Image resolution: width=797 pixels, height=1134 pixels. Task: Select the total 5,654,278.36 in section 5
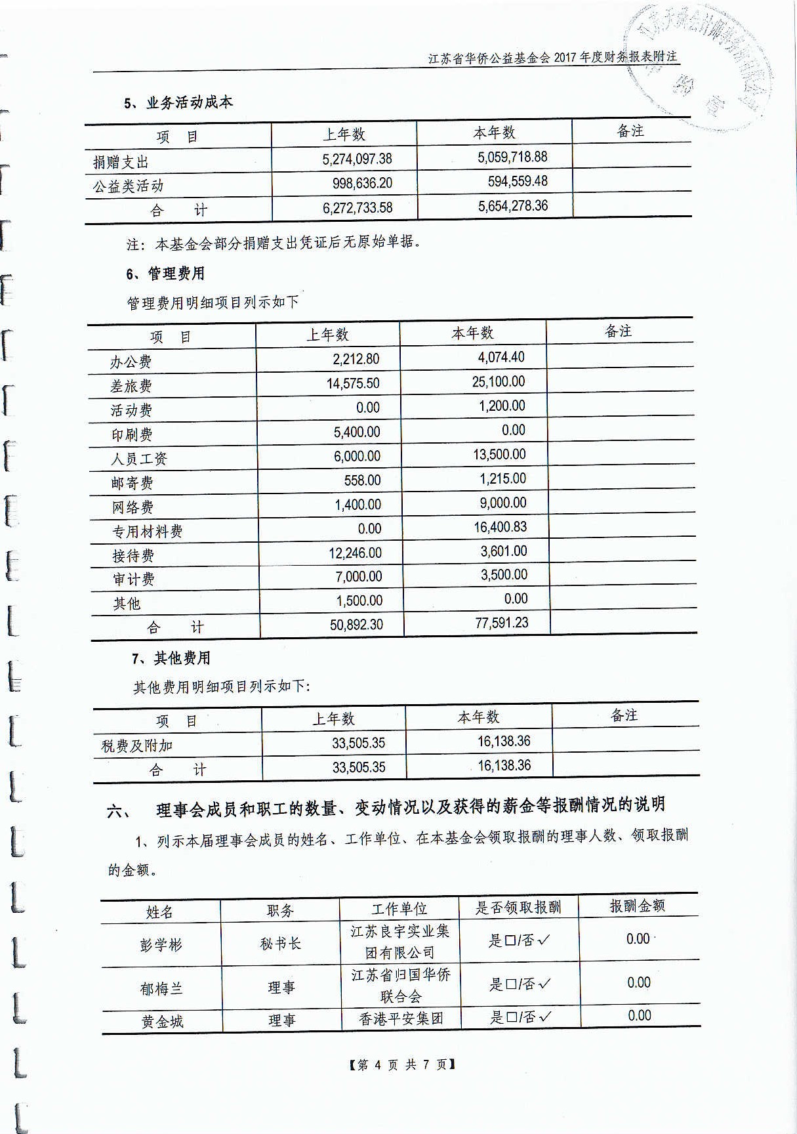click(512, 206)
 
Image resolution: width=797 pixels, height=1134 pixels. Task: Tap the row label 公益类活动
click(128, 186)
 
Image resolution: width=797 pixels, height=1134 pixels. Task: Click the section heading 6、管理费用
click(165, 274)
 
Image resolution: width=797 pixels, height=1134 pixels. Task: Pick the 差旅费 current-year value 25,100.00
click(498, 382)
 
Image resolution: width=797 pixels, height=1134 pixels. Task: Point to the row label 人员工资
click(138, 459)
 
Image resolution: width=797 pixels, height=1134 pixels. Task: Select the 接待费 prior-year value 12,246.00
click(355, 553)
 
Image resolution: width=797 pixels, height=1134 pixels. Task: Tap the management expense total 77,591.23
click(501, 623)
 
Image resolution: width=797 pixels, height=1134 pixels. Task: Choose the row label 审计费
click(133, 579)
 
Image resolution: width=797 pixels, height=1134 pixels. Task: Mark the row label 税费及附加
click(137, 746)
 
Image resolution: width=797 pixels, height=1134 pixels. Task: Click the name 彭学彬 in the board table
click(161, 946)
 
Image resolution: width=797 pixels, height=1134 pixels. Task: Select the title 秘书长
click(280, 944)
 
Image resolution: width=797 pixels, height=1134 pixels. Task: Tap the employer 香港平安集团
click(401, 1019)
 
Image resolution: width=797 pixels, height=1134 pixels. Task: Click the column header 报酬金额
click(637, 906)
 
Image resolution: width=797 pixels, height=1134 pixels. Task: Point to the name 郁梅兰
click(161, 988)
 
